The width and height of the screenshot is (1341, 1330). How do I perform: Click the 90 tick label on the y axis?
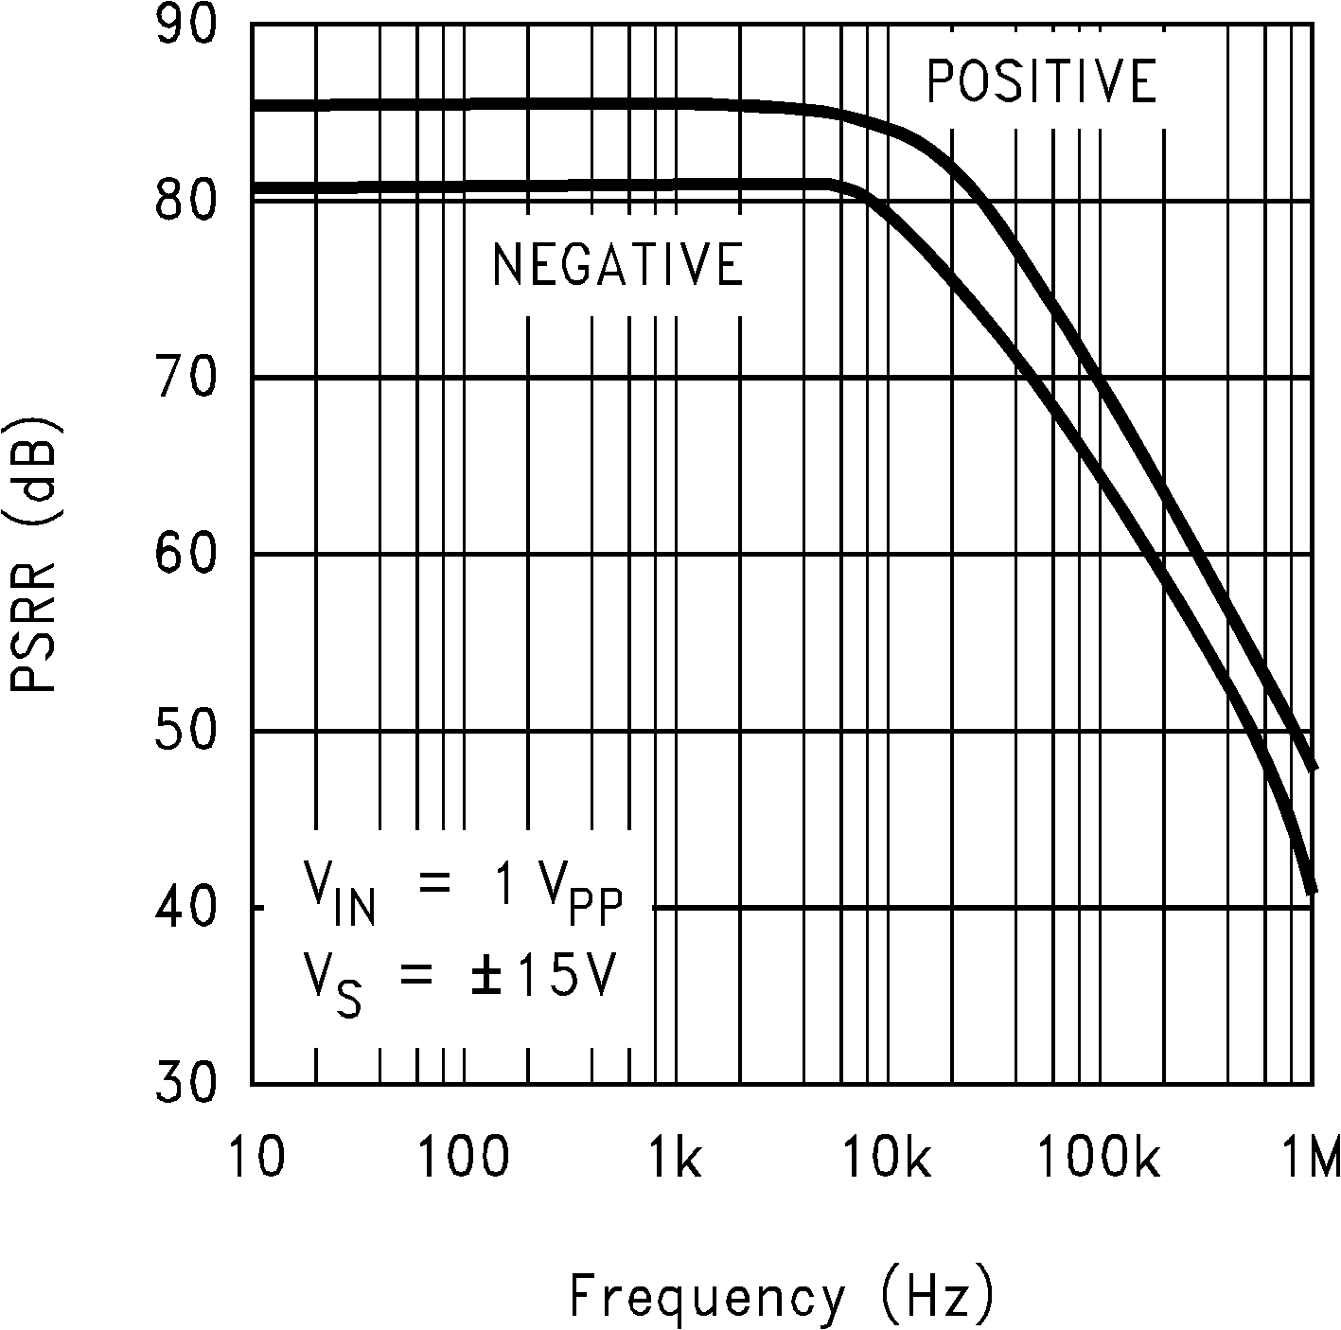tap(185, 27)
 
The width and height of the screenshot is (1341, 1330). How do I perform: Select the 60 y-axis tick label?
tap(185, 553)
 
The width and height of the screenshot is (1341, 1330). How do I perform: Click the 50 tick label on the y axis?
tap(185, 730)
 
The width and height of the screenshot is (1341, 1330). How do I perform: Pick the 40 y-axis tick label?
tap(185, 907)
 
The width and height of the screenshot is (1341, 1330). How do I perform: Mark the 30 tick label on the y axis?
tap(185, 1082)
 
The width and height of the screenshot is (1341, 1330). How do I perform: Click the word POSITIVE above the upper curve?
tap(1041, 81)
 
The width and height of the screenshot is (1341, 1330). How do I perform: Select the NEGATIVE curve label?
tap(617, 264)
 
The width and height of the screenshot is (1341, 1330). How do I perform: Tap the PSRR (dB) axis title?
tap(34, 553)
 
